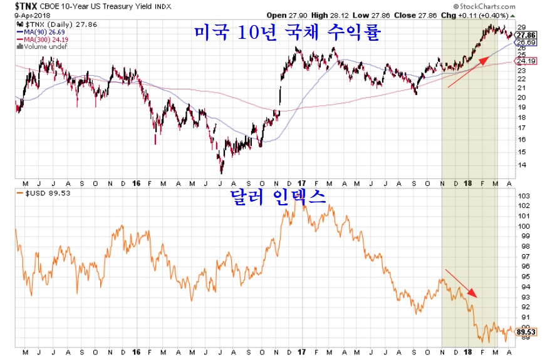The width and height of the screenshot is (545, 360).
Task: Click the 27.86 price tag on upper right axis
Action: click(526, 36)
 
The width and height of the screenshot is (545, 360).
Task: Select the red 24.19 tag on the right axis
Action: click(526, 61)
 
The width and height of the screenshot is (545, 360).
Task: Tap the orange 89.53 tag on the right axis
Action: click(526, 332)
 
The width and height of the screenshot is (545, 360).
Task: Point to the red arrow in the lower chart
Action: click(462, 283)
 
